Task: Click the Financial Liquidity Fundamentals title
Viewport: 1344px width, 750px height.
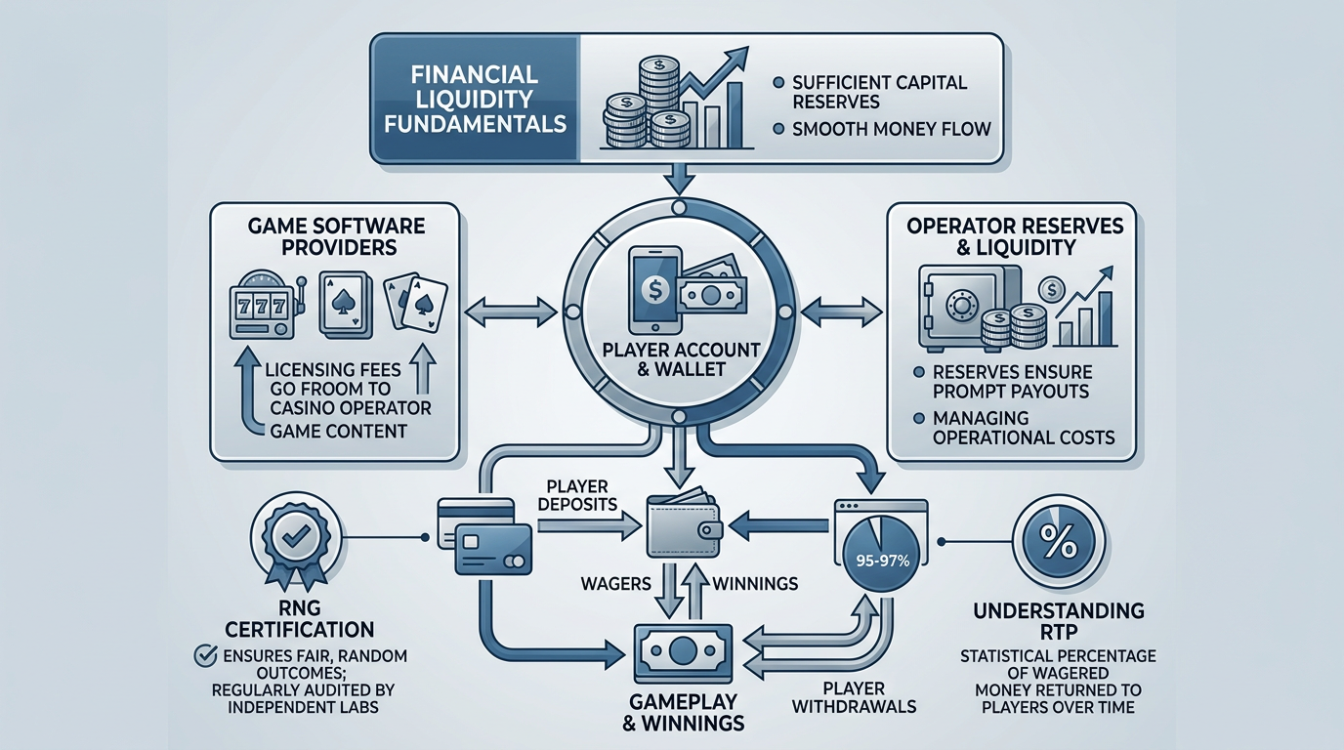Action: point(475,99)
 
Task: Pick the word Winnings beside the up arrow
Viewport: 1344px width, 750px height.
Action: point(755,583)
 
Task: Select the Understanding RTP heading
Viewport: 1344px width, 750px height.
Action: point(1058,622)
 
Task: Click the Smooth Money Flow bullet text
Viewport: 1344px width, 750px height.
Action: point(891,128)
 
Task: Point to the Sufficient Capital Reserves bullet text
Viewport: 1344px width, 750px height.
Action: point(878,92)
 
